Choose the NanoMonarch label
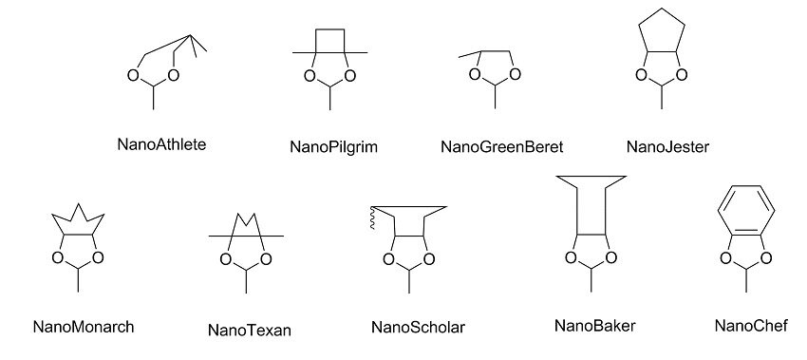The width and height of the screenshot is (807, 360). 83,327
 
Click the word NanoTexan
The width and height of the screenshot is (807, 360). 249,331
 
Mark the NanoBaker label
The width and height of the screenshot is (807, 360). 594,326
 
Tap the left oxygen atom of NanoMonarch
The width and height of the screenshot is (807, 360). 59,257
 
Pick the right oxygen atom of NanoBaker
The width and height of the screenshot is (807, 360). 611,256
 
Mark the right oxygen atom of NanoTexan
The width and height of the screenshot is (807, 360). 266,258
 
